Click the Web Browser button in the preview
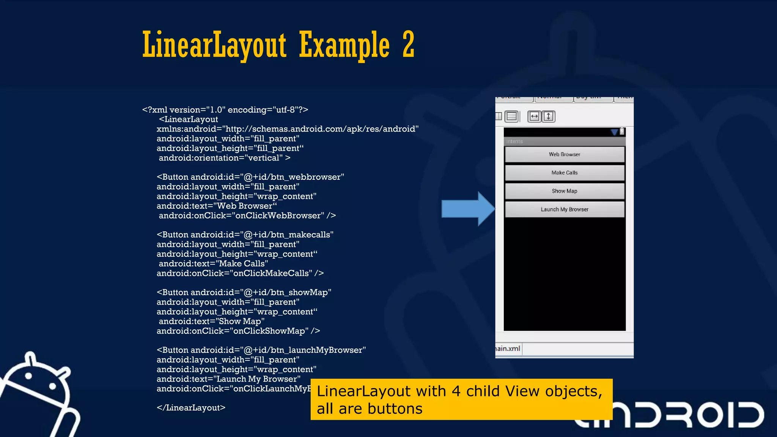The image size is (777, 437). tap(565, 154)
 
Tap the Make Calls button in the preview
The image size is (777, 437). tap(565, 173)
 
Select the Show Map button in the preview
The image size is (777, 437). tap(565, 191)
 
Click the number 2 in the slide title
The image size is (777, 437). tap(408, 45)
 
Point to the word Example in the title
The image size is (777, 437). tap(344, 46)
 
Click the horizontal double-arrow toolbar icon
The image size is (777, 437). tap(534, 116)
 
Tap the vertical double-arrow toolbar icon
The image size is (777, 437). tap(549, 116)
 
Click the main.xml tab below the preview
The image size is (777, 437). tap(508, 349)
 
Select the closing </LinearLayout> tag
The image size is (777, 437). tap(191, 408)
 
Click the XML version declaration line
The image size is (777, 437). tap(225, 110)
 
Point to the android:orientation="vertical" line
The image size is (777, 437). tap(224, 158)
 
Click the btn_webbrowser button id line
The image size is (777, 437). tap(250, 177)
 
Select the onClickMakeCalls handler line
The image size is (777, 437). tap(240, 273)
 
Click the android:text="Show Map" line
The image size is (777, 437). tap(211, 321)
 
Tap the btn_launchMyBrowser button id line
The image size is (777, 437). tap(261, 350)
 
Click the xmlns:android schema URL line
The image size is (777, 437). tap(288, 129)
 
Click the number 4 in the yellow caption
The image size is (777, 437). tap(456, 391)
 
